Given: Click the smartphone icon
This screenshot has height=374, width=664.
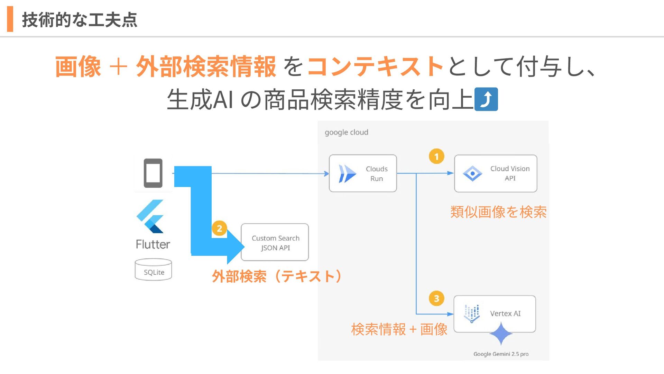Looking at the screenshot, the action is (x=153, y=173).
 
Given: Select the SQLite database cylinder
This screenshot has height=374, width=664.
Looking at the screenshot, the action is (x=153, y=269).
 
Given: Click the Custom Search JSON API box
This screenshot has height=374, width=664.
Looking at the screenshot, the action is (x=275, y=242).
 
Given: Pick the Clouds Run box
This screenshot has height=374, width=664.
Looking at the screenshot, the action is (x=363, y=173).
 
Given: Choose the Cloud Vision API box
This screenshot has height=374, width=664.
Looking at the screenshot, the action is (x=496, y=173).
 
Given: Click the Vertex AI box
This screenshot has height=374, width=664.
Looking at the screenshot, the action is (x=495, y=314).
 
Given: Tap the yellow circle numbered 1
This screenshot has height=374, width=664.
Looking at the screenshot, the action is (x=436, y=157).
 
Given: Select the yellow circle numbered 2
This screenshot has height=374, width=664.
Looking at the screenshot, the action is (x=219, y=229).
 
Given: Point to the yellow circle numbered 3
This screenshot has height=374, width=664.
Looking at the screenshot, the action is (x=436, y=299).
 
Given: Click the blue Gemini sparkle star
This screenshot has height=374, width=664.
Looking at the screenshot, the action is (x=501, y=333).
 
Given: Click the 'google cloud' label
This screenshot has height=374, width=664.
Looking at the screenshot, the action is (x=346, y=132).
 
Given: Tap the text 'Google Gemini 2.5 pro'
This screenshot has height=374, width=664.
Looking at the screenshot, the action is (x=501, y=354).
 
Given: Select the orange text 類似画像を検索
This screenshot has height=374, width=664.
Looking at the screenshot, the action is (x=498, y=212).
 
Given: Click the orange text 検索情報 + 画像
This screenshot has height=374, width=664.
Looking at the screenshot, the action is (x=399, y=329).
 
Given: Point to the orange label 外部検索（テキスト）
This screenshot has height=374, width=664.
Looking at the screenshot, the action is (x=277, y=276).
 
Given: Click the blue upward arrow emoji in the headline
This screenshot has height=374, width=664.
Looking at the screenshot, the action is (x=486, y=99).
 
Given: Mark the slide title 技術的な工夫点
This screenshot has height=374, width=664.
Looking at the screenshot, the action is (x=80, y=20).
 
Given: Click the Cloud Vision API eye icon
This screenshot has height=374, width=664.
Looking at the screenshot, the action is (x=472, y=173).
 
